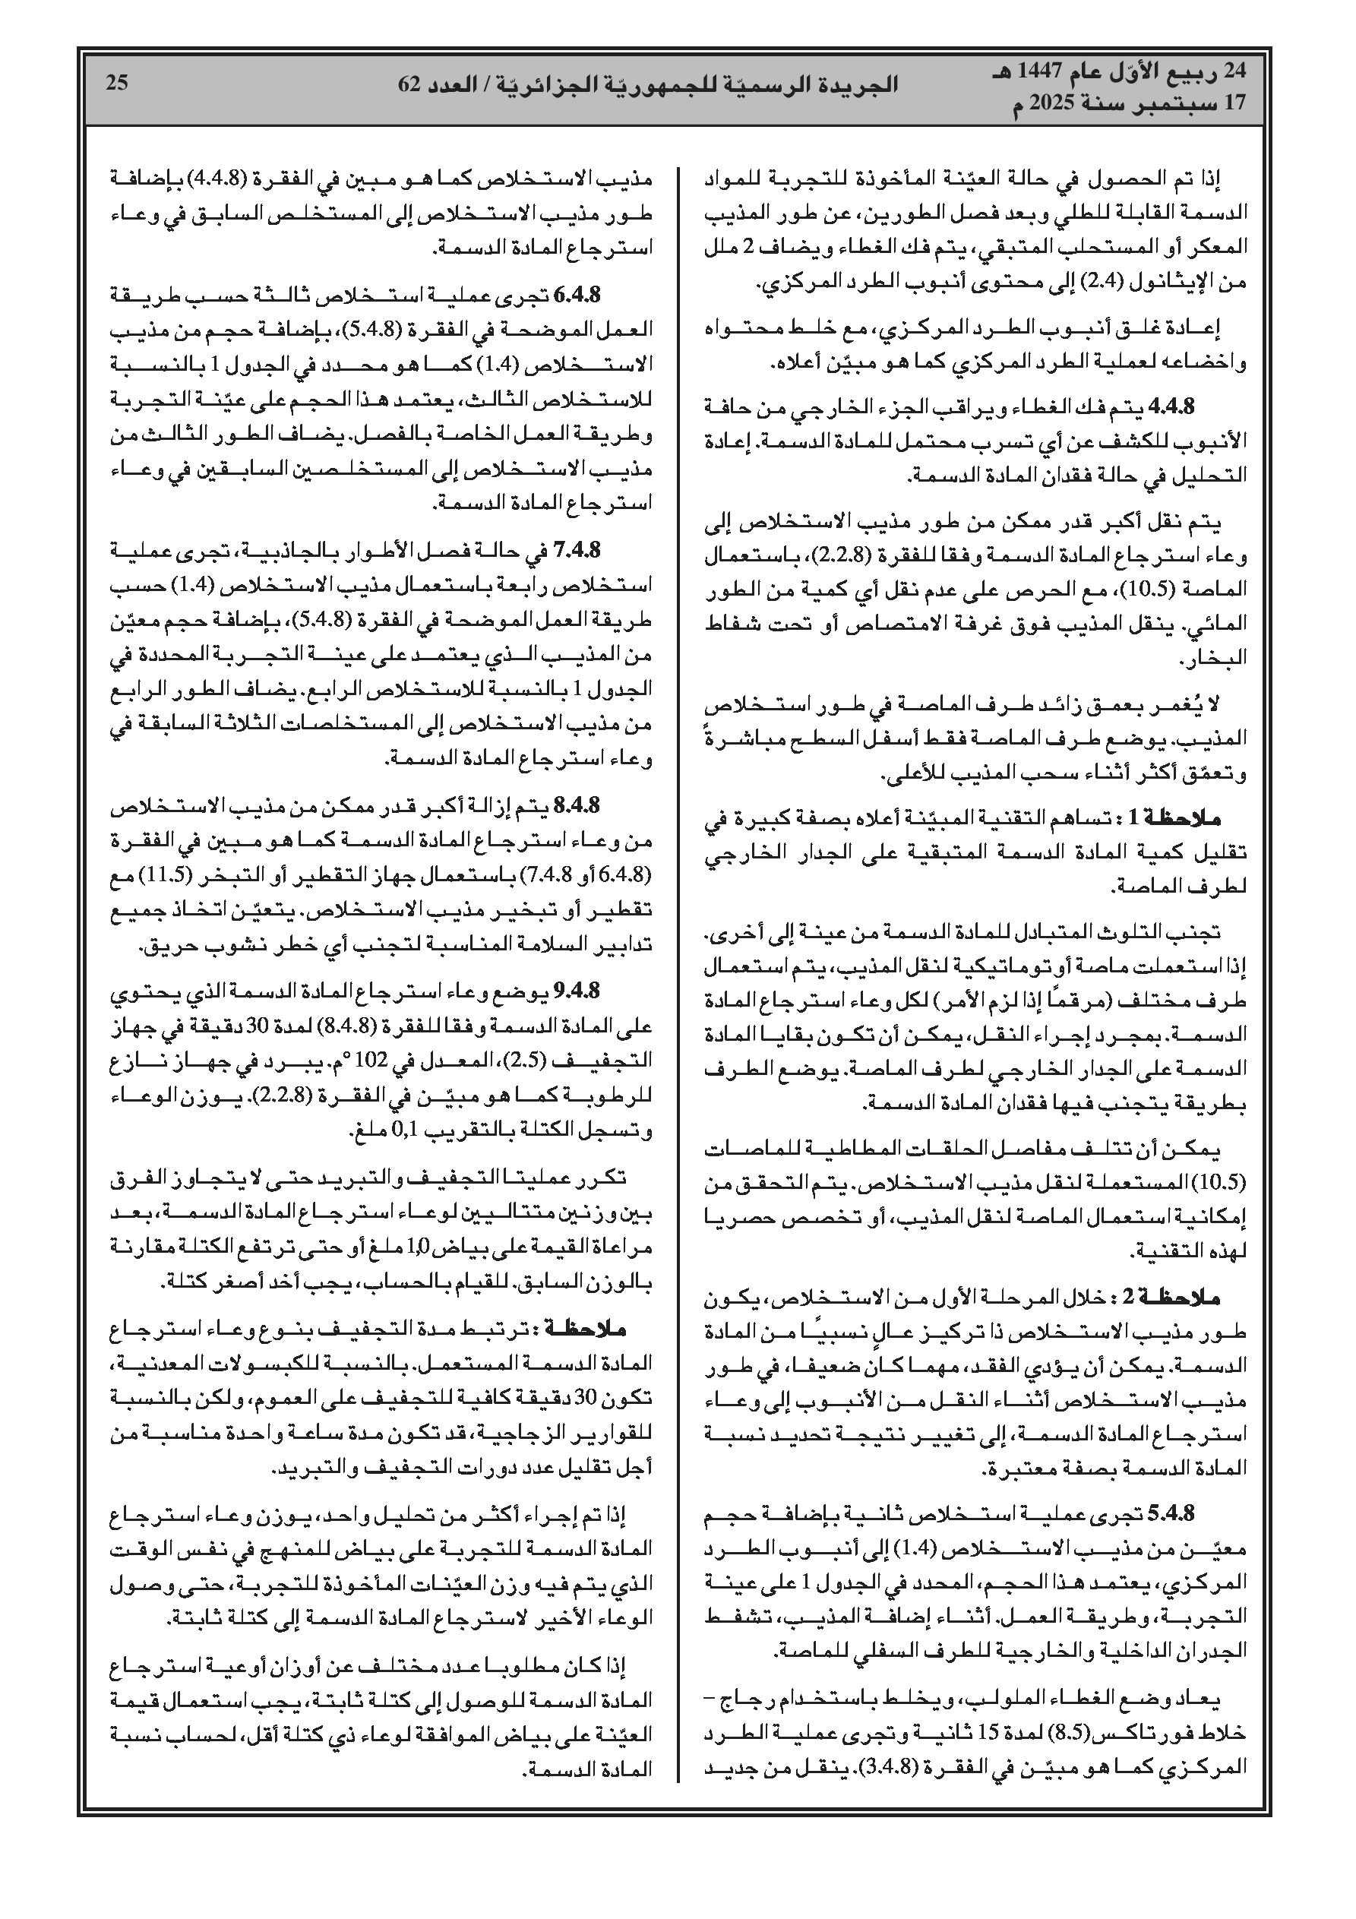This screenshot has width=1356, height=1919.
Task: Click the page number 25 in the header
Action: (x=116, y=82)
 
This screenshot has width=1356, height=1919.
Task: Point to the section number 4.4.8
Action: (x=1173, y=406)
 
